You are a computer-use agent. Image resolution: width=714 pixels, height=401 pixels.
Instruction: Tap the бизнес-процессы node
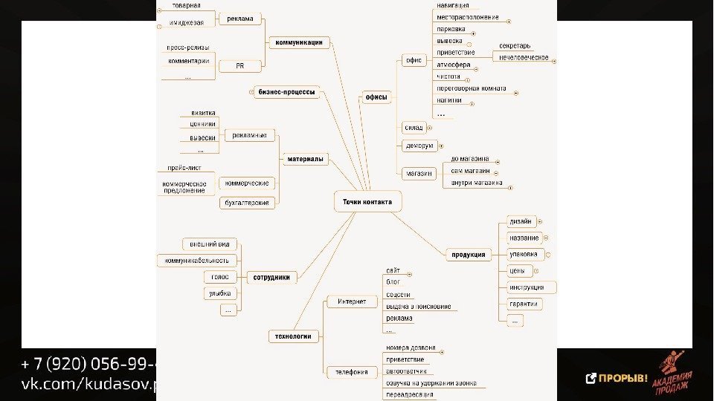pyautogui.click(x=286, y=93)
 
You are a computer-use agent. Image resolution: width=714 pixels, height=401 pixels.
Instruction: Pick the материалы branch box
pyautogui.click(x=305, y=159)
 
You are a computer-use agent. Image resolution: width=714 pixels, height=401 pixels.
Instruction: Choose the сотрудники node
pyautogui.click(x=271, y=277)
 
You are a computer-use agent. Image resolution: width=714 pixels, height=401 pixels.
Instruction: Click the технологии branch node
pyautogui.click(x=294, y=336)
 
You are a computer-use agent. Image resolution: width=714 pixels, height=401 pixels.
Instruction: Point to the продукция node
pyautogui.click(x=469, y=255)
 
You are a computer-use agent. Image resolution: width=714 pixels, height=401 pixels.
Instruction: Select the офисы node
pyautogui.click(x=376, y=97)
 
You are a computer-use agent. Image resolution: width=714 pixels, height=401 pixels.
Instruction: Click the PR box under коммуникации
pyautogui.click(x=239, y=66)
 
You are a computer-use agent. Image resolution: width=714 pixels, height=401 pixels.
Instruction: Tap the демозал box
pyautogui.click(x=419, y=146)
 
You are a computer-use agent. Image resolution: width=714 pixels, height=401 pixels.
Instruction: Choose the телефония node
pyautogui.click(x=351, y=371)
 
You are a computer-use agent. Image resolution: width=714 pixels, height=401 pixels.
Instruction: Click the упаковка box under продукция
pyautogui.click(x=523, y=254)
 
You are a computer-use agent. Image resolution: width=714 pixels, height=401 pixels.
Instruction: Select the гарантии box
pyautogui.click(x=524, y=304)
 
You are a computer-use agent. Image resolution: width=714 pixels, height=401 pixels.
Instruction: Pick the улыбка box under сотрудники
pyautogui.click(x=221, y=293)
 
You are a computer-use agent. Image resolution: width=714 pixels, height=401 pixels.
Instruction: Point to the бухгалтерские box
pyautogui.click(x=248, y=203)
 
